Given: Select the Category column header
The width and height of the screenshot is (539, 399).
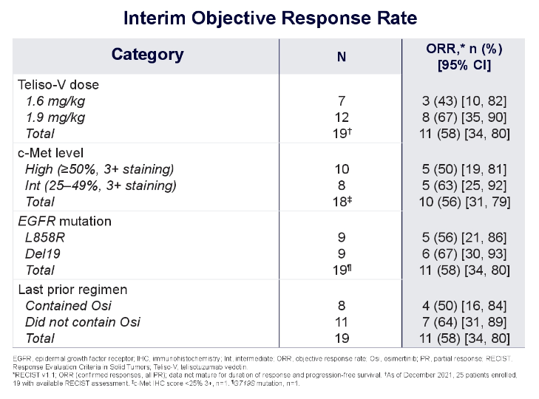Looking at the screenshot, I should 147,54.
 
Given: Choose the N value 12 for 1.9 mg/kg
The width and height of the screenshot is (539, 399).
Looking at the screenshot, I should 342,117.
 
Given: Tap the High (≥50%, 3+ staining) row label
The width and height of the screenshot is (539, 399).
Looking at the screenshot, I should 100,169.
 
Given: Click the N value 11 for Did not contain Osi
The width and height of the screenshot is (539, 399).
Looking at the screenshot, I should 342,321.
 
